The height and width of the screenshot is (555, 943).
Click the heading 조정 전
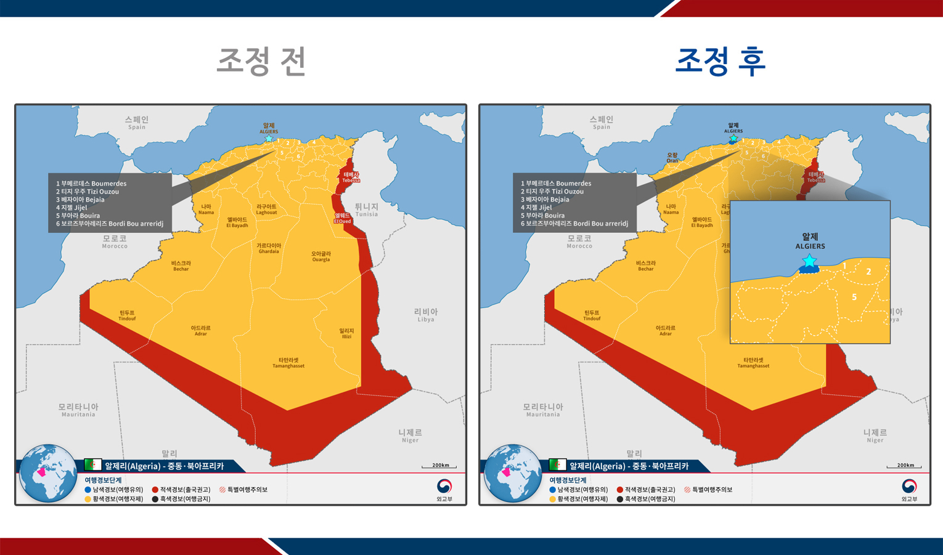(261, 61)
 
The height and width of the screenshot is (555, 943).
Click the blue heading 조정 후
(720, 61)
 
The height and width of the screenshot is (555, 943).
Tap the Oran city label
(672, 158)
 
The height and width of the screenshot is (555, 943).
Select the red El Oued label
(342, 218)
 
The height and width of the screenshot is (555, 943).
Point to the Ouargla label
(320, 256)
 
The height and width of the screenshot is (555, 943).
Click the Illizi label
(346, 333)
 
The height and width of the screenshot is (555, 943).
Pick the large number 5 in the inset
(854, 298)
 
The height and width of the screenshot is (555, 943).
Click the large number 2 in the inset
(868, 272)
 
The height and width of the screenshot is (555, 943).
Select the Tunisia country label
(366, 209)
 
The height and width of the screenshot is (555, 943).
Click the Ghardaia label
(269, 248)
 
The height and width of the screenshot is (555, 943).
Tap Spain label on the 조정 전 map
(136, 122)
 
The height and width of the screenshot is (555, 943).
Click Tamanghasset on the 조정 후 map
(753, 363)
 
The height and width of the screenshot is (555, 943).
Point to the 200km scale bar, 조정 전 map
(439, 466)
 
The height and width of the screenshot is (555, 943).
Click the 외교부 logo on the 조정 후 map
(909, 490)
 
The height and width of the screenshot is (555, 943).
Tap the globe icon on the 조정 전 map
(47, 473)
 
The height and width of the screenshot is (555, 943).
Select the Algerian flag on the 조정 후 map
(557, 465)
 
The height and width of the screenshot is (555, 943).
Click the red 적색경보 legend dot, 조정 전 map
(155, 490)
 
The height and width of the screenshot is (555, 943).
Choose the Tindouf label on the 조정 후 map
(592, 315)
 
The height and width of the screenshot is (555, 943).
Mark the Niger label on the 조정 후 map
(875, 435)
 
